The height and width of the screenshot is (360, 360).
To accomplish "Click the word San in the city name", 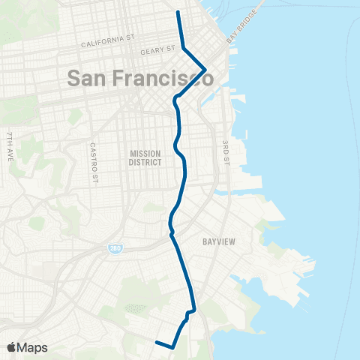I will pyautogui.click(x=89, y=77).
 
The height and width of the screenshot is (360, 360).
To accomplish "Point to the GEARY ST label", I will pyautogui.click(x=157, y=51).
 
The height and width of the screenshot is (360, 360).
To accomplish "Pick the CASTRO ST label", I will pyautogui.click(x=94, y=162).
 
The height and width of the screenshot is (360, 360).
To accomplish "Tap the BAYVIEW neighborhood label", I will pyautogui.click(x=220, y=242).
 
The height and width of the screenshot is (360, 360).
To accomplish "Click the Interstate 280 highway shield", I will pyautogui.click(x=115, y=247).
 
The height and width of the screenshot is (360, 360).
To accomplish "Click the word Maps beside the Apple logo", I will pyautogui.click(x=33, y=347).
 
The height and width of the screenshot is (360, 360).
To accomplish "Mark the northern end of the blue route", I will pyautogui.click(x=178, y=13).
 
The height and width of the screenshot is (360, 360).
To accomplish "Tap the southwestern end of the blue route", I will pyautogui.click(x=156, y=343).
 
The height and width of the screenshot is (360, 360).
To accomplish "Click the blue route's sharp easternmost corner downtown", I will pyautogui.click(x=205, y=70).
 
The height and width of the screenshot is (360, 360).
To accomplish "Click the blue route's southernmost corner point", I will pyautogui.click(x=172, y=348).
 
